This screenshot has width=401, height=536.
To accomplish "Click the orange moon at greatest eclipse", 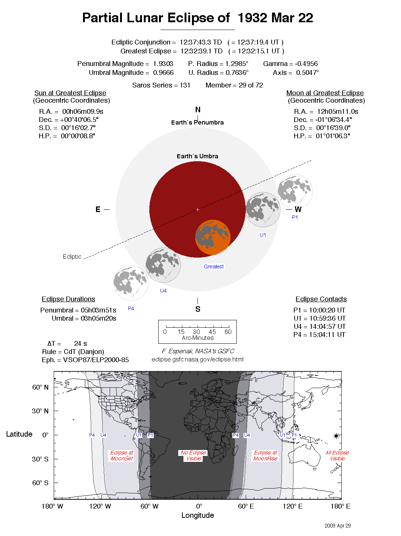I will coord(213,238).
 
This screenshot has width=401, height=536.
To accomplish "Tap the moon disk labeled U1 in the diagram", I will coord(263,209).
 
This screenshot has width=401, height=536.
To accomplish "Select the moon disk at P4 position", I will coord(131,283).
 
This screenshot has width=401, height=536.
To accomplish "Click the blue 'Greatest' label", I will coord(214,267).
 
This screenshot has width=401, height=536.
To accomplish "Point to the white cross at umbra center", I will coord(198,209).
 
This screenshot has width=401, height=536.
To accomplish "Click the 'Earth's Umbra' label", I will coord(197,156).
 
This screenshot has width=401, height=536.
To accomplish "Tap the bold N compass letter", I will coord(198,110).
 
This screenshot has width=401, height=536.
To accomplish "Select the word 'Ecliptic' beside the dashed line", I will coord(72,257).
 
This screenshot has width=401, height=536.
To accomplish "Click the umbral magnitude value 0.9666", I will coord(163,73).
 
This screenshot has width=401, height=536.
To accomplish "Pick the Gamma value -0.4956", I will coord(306,64).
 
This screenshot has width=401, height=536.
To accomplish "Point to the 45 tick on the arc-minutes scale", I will coord(212,332).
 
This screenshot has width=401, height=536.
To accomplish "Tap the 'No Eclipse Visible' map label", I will coord(193,456).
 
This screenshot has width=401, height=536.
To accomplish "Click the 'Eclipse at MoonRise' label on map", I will coord(265,456).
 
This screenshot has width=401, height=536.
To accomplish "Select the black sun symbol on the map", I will coord(336,436).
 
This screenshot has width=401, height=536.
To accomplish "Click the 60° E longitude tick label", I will coord(246,506).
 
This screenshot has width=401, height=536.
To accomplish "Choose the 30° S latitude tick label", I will coord(40,459).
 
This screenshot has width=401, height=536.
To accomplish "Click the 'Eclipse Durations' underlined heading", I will coord(68,299).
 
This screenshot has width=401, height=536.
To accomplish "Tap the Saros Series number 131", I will coord(185,85).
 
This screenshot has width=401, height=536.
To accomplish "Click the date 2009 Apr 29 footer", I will coord(337,526).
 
